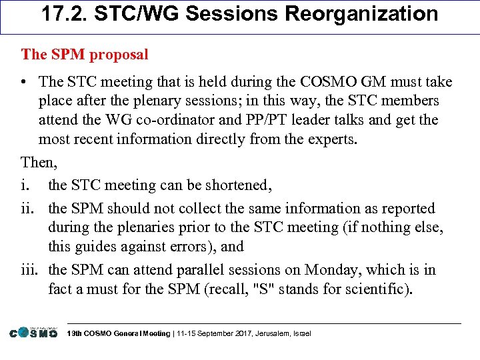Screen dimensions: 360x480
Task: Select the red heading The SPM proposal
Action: (x=85, y=54)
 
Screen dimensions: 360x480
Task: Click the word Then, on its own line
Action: (x=38, y=162)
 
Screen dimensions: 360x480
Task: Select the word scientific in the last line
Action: (x=380, y=289)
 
